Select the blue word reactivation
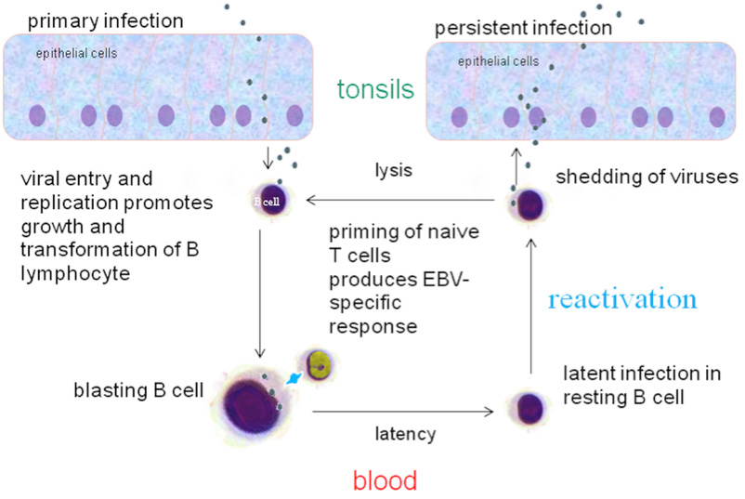621,300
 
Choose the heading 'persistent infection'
523,27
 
